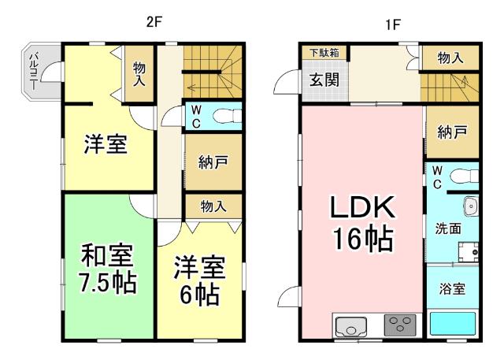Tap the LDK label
click(361, 209)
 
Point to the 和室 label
click(108, 256)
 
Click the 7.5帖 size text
click(108, 282)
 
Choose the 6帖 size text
click(198, 295)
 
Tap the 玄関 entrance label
click(323, 79)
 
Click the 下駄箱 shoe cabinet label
click(323, 53)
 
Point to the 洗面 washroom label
click(449, 228)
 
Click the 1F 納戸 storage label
click(452, 132)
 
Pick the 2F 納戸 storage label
click(213, 163)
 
